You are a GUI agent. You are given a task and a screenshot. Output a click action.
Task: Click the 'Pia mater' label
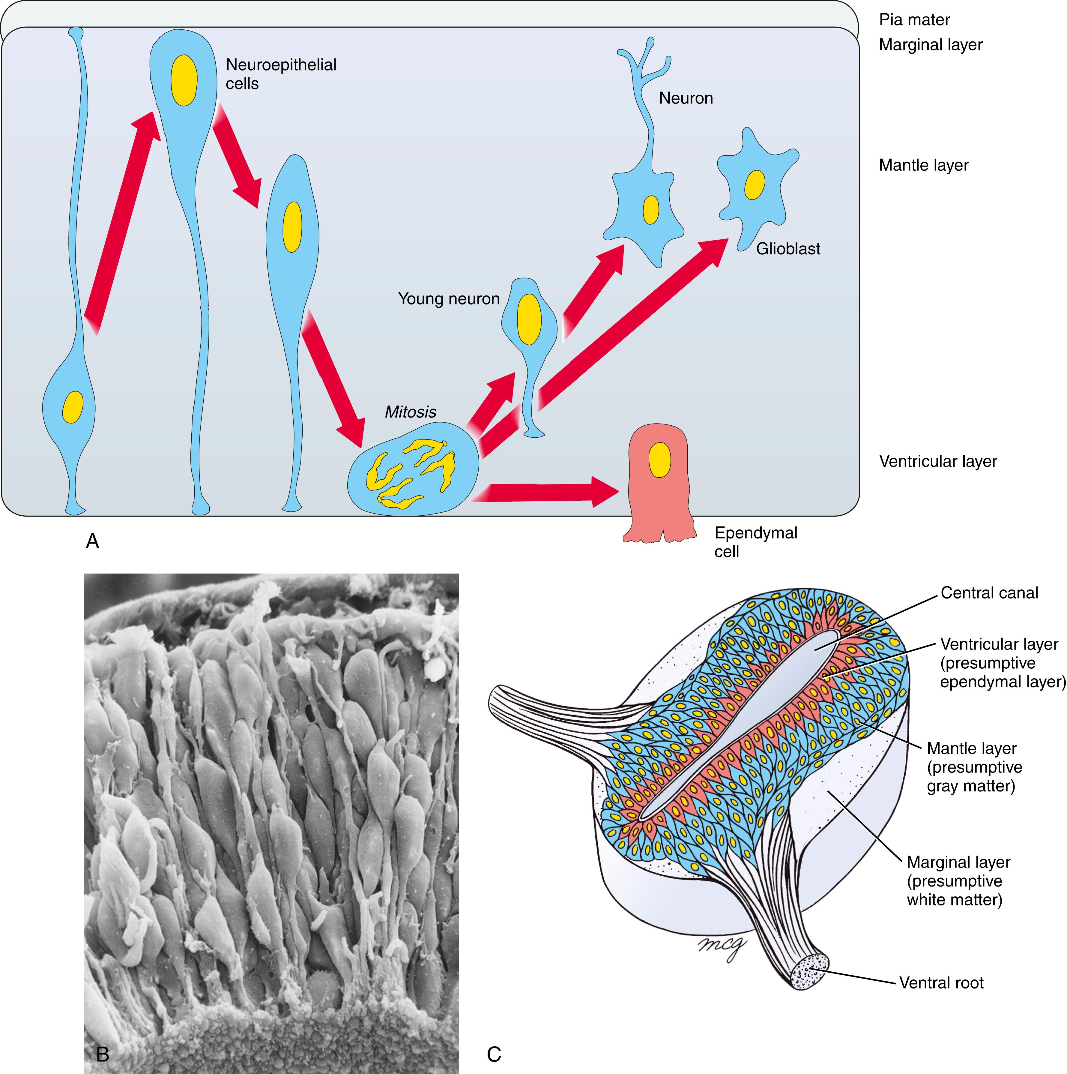pos(914,20)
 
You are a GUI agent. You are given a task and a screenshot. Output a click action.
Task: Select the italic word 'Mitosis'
pos(410,412)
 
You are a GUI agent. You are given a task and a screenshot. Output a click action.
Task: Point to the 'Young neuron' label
pos(448,299)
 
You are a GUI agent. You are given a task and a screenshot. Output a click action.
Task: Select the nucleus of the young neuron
pos(528,319)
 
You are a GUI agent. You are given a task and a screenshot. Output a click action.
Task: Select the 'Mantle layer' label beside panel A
pos(924,165)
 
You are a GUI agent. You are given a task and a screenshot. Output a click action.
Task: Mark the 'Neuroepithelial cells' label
pos(281,74)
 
